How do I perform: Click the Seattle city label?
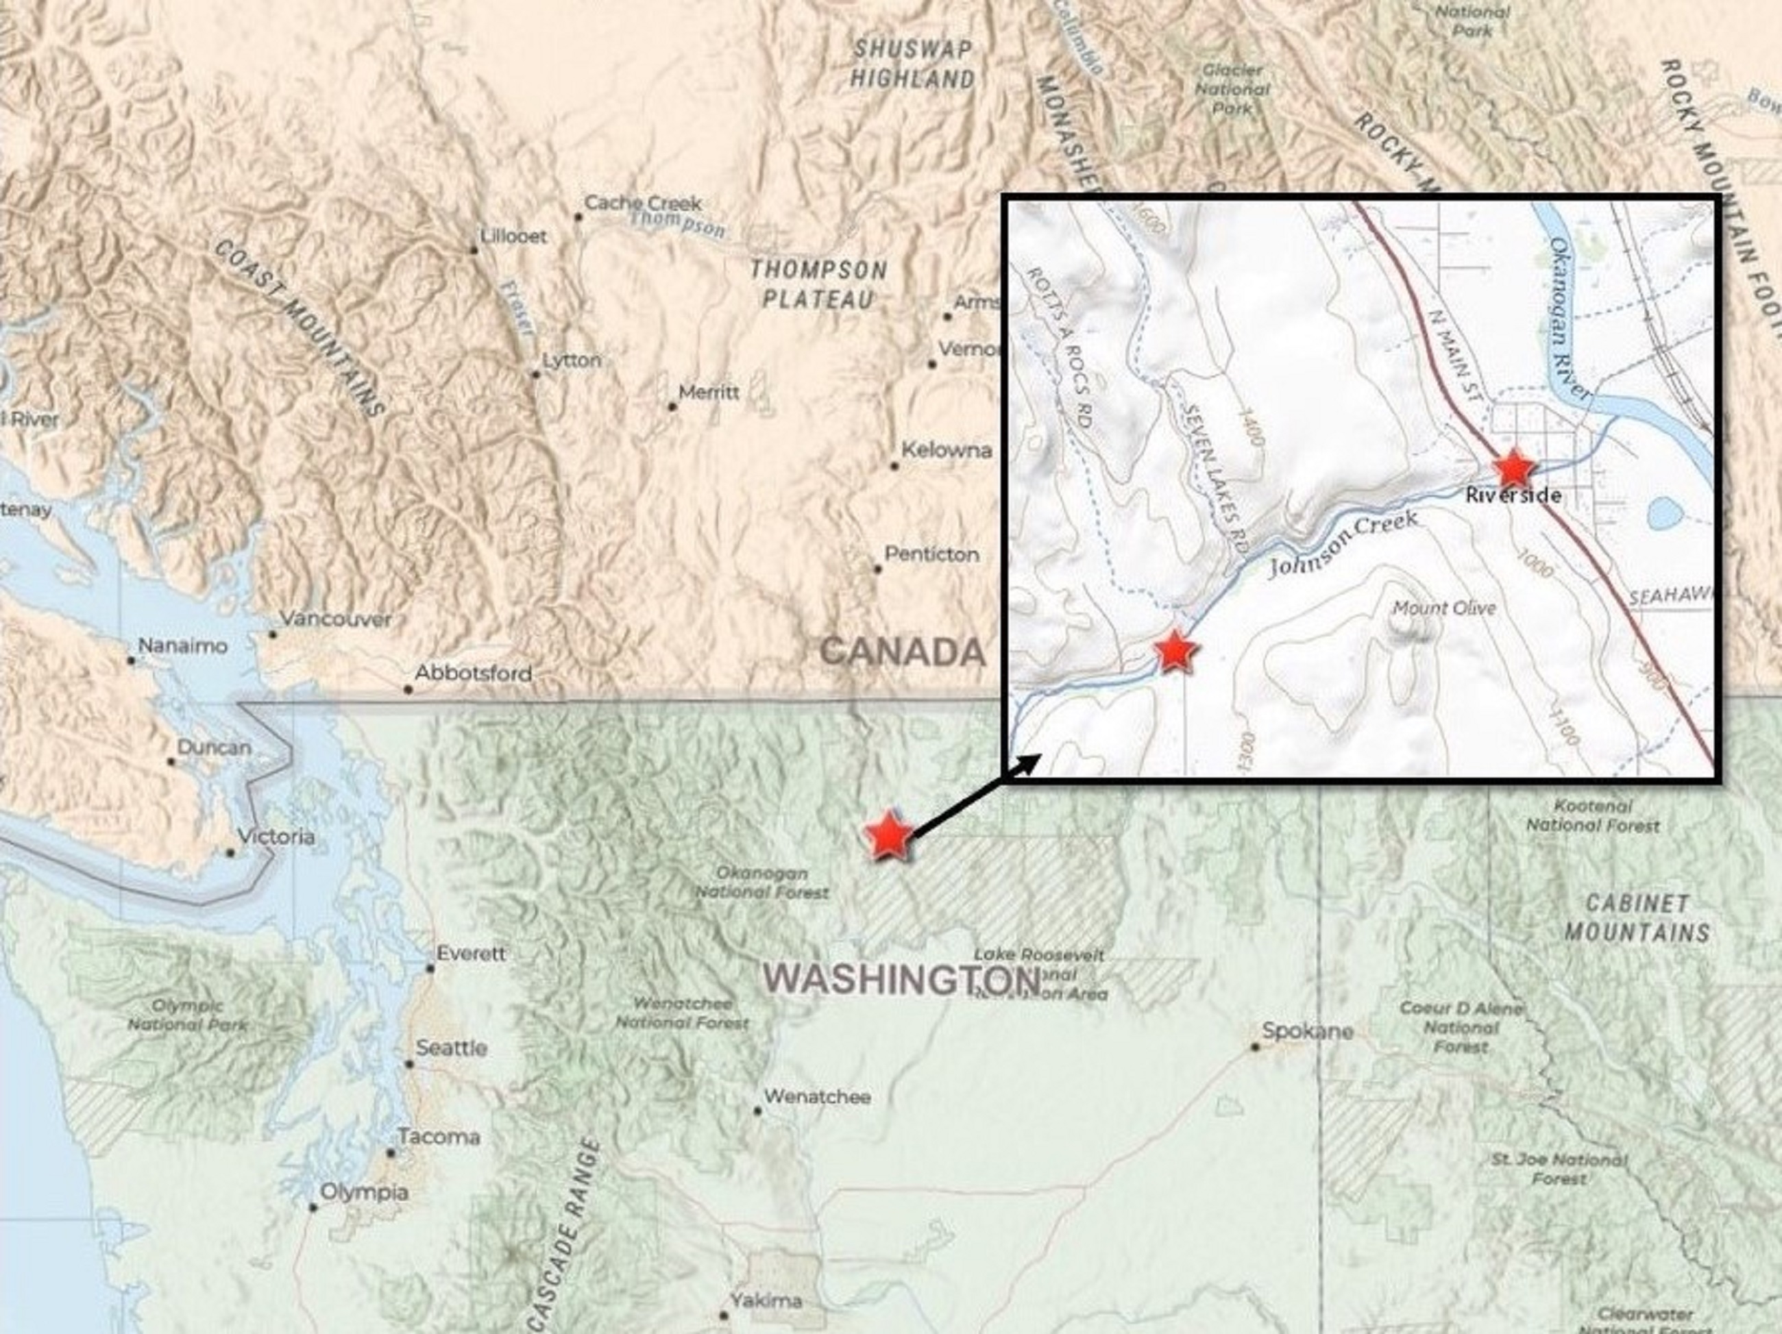(450, 1048)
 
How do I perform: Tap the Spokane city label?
(1307, 1031)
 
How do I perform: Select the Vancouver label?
(335, 619)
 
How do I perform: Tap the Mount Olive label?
(1443, 608)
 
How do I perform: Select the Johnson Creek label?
(1342, 544)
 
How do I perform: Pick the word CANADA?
(902, 651)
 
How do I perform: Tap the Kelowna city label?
(946, 450)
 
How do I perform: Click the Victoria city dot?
(230, 852)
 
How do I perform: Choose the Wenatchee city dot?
(757, 1111)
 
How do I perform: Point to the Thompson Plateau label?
(818, 284)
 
